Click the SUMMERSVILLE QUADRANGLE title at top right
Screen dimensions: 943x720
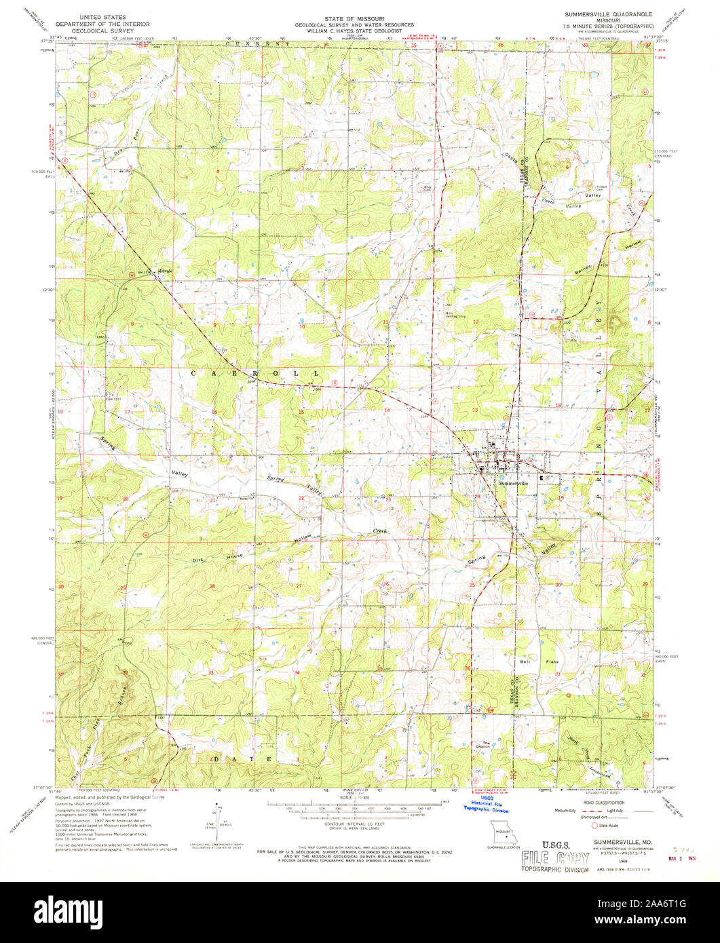click(x=603, y=14)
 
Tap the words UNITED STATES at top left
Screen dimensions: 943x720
click(x=102, y=14)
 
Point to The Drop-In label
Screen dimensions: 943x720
click(x=487, y=744)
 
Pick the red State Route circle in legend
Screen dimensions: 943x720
click(x=594, y=826)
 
